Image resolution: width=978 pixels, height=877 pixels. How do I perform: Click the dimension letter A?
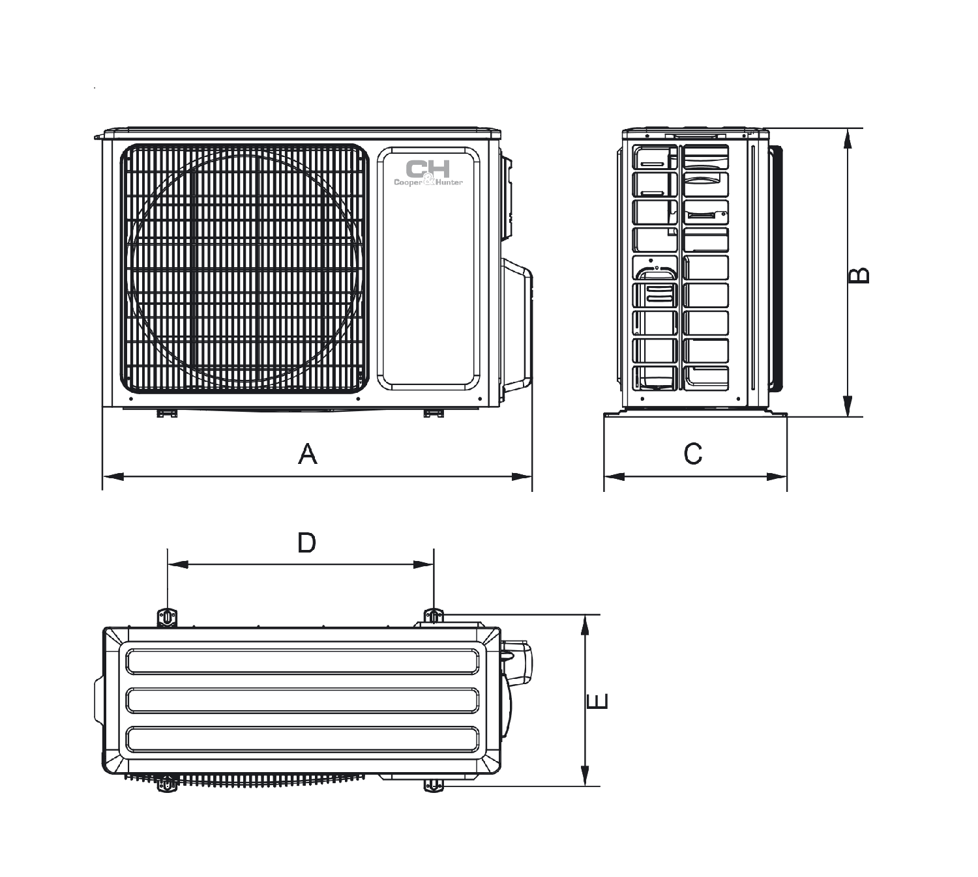[308, 454]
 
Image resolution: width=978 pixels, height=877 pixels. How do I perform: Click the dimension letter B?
[859, 275]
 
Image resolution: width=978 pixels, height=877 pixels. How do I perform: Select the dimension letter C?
[693, 454]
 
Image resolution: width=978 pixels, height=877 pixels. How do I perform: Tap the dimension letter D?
[306, 543]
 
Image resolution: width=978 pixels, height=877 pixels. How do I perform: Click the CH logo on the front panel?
[428, 169]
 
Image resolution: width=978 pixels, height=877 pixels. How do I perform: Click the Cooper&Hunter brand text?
[428, 182]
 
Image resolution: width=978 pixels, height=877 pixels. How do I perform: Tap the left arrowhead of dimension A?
[113, 476]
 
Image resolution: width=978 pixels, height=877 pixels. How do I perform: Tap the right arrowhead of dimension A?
[522, 476]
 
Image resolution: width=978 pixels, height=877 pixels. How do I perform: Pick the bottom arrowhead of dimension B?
[847, 406]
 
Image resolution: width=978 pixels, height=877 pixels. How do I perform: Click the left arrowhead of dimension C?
[614, 476]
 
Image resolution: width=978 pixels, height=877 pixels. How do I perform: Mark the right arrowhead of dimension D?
[423, 564]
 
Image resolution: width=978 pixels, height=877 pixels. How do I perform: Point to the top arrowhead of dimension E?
[585, 625]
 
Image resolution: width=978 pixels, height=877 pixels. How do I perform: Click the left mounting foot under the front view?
[166, 414]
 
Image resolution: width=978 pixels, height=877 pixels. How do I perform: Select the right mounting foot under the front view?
[433, 414]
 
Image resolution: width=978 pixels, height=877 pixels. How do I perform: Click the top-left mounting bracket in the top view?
[167, 618]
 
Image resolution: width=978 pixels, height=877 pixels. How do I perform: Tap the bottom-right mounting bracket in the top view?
[434, 785]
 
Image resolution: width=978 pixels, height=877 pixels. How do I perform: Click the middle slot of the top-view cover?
[303, 700]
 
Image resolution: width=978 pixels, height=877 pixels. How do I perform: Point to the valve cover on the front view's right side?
[516, 325]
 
